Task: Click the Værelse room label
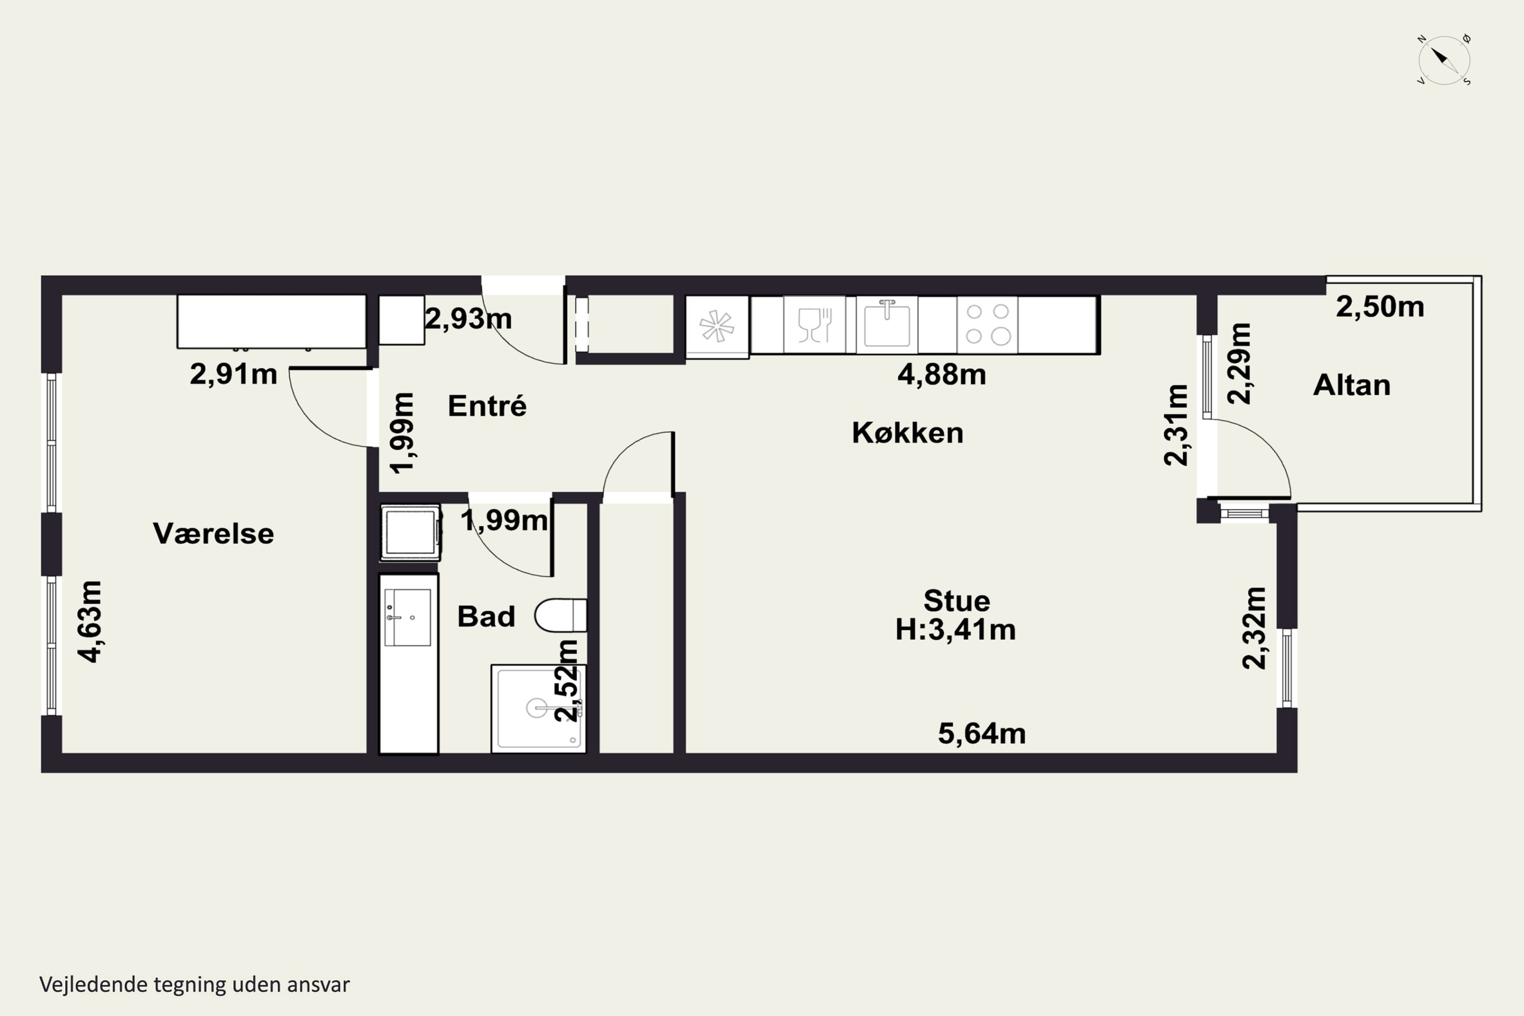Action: pyautogui.click(x=213, y=533)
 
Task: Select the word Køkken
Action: pyautogui.click(x=907, y=432)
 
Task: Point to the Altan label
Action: pyautogui.click(x=1352, y=385)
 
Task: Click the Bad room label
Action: pyautogui.click(x=486, y=616)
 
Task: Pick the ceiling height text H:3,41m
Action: pyautogui.click(x=956, y=629)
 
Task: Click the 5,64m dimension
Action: pyautogui.click(x=981, y=733)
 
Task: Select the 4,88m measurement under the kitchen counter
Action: pyautogui.click(x=941, y=374)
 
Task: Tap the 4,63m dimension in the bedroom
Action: pyautogui.click(x=90, y=621)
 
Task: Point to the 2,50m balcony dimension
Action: pyautogui.click(x=1380, y=306)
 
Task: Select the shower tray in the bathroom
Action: pyautogui.click(x=538, y=708)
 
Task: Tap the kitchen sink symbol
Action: pyautogui.click(x=886, y=324)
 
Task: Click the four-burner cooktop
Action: pyautogui.click(x=988, y=324)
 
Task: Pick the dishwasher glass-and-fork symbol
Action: pyautogui.click(x=814, y=324)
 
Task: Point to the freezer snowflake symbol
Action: pyautogui.click(x=717, y=326)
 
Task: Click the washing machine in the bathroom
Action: pyautogui.click(x=410, y=532)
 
